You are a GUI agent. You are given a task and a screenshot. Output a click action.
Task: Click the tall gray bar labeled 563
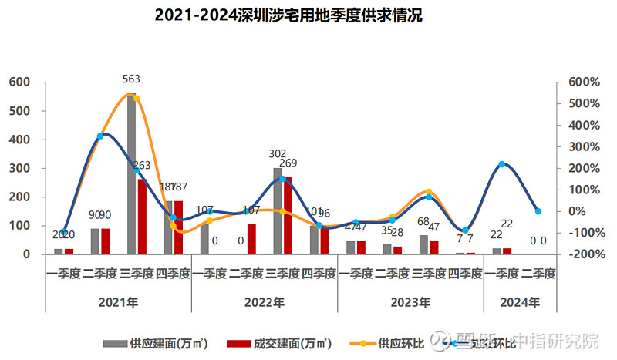tap(131, 173)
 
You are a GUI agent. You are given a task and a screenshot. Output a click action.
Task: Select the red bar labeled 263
tap(142, 217)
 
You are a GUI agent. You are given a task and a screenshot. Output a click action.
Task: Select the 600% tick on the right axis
tap(583, 82)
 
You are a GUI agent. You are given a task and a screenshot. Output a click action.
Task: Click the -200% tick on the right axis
tap(582, 254)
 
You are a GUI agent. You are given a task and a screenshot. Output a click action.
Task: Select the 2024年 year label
tap(520, 303)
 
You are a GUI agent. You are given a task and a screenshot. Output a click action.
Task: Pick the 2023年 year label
tap(410, 303)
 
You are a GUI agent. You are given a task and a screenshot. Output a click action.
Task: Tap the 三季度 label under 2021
tap(137, 273)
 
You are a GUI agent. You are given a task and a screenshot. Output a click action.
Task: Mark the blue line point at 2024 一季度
tap(501, 164)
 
